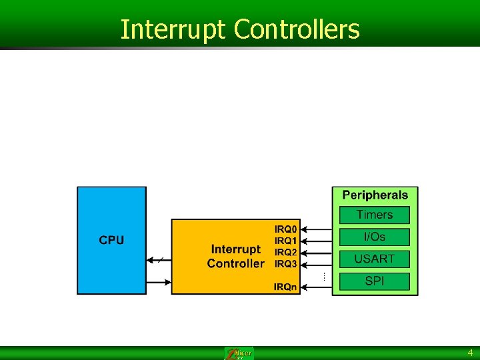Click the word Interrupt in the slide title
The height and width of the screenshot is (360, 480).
pos(174,29)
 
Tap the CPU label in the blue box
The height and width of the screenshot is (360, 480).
pos(111,240)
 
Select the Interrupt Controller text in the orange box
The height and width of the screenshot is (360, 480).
pos(235,256)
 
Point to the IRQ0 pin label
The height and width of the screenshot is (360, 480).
pos(286,229)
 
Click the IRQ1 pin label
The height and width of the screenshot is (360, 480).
pos(286,241)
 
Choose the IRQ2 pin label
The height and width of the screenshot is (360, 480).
pos(286,252)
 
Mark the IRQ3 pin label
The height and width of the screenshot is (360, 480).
pos(286,264)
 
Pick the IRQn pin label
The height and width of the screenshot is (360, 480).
pos(286,287)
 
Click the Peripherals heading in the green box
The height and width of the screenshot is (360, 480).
pos(375,195)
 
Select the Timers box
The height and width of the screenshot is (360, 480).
pos(375,215)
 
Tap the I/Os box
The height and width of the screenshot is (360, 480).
pos(375,237)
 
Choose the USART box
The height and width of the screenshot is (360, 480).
pos(375,259)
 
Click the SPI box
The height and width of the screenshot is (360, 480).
pos(375,281)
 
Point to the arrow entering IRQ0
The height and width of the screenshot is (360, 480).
pos(316,229)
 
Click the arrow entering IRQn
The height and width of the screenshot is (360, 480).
pos(316,287)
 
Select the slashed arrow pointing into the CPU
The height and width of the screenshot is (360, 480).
pos(159,259)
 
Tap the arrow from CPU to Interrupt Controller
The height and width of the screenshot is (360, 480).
pos(159,282)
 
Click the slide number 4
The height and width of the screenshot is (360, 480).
pos(469,353)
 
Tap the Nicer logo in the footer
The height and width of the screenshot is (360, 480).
pos(239,353)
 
